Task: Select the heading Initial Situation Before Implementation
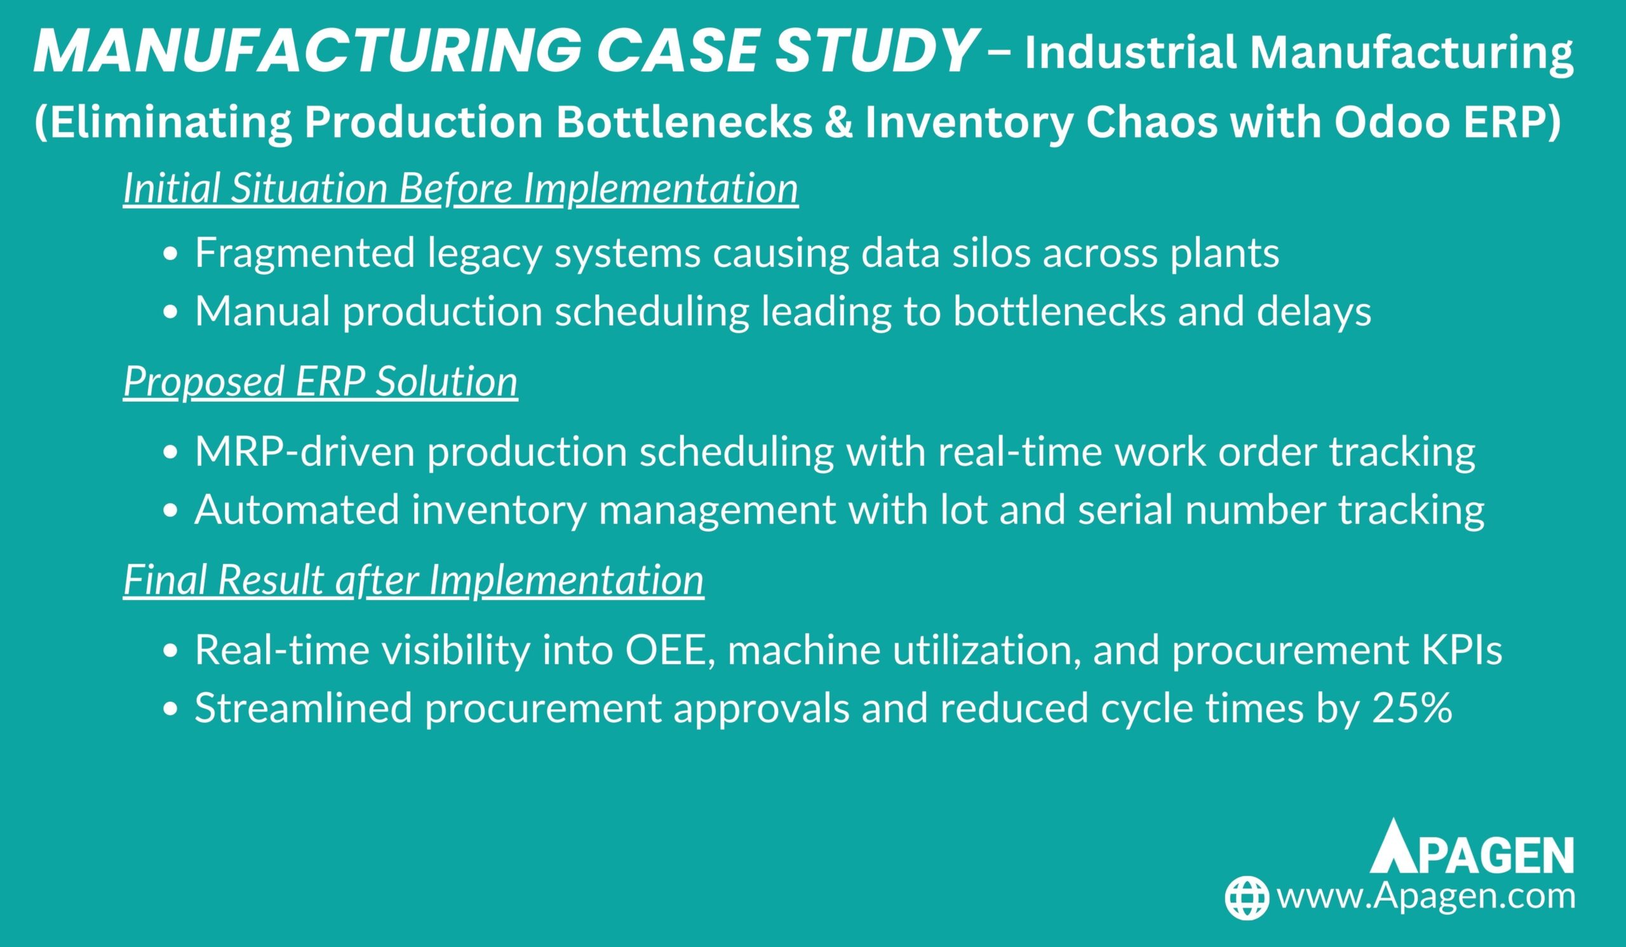coord(460,189)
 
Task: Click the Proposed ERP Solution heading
coord(321,381)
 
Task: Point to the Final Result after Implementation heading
coord(413,579)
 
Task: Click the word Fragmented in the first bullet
coord(304,253)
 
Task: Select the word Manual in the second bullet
coord(262,311)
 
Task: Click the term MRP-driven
coord(304,451)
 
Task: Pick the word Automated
coord(297,509)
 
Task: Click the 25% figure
coord(1413,707)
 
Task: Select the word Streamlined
coord(303,707)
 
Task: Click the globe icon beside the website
coord(1247,898)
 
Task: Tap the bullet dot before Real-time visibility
coord(170,652)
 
